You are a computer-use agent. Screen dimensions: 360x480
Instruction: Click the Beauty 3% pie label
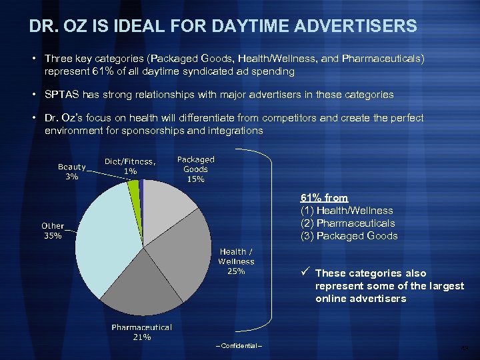pyautogui.click(x=71, y=172)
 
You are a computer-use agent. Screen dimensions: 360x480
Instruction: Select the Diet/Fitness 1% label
pyautogui.click(x=131, y=167)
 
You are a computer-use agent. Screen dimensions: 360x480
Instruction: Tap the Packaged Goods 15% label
pyautogui.click(x=195, y=169)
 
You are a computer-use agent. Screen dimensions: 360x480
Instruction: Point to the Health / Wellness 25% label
pyautogui.click(x=236, y=261)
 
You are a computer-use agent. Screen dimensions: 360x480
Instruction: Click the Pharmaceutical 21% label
pyautogui.click(x=141, y=332)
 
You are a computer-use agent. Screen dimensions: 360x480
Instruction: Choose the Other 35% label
pyautogui.click(x=53, y=231)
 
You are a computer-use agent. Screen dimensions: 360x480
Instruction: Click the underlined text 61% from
pyautogui.click(x=324, y=198)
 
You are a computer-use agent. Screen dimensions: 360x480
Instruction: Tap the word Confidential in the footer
pyautogui.click(x=239, y=345)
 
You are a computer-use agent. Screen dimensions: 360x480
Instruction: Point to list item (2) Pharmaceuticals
pyautogui.click(x=347, y=223)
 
